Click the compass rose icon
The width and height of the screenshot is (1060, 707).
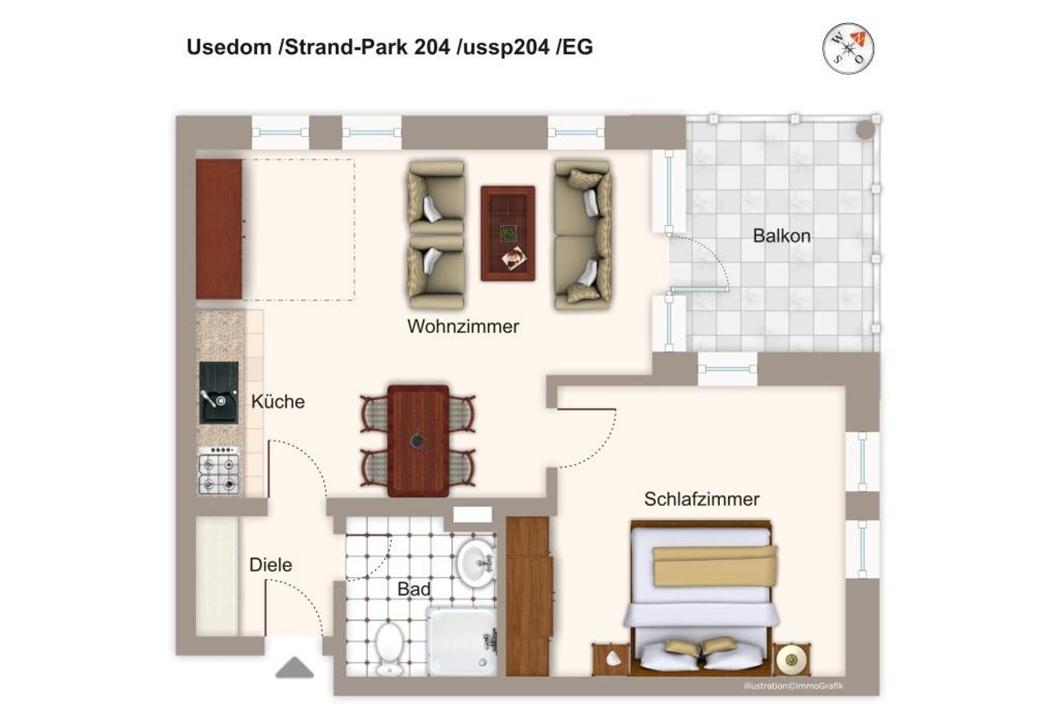[x=848, y=49]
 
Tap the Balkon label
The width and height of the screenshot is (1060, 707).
[x=781, y=236]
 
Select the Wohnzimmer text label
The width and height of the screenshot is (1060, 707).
[x=463, y=326]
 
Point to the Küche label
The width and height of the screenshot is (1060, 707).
[x=278, y=401]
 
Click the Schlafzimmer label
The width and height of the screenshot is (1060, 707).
[x=702, y=499]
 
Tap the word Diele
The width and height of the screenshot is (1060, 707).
[x=270, y=565]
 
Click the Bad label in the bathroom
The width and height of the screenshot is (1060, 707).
[x=414, y=589]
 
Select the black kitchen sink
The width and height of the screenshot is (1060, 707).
[x=219, y=393]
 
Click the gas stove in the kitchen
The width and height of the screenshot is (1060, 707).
[x=219, y=471]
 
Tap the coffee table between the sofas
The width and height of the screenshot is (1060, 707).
[x=508, y=233]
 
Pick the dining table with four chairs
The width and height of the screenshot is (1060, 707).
[x=418, y=440]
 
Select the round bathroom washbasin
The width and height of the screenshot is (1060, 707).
[x=477, y=563]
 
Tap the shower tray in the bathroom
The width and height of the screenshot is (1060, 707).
[x=462, y=640]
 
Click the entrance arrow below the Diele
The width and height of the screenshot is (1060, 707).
[x=294, y=668]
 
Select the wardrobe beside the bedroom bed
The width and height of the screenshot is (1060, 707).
[x=528, y=595]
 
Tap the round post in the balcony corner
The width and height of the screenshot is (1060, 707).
[x=866, y=130]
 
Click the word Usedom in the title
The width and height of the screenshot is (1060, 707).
[x=229, y=47]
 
